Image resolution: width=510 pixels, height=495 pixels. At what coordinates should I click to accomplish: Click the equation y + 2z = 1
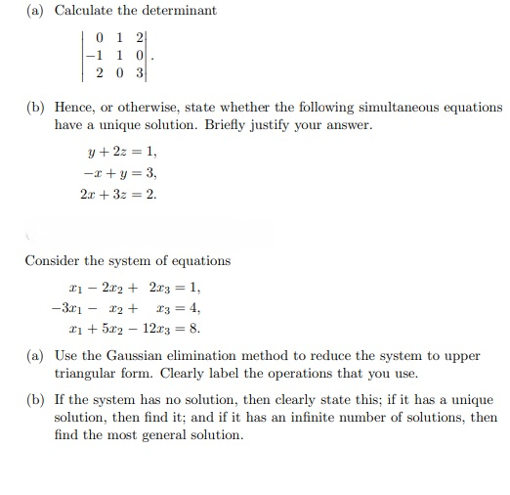[122, 152]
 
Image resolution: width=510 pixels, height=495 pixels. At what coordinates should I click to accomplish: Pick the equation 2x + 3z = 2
[117, 193]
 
